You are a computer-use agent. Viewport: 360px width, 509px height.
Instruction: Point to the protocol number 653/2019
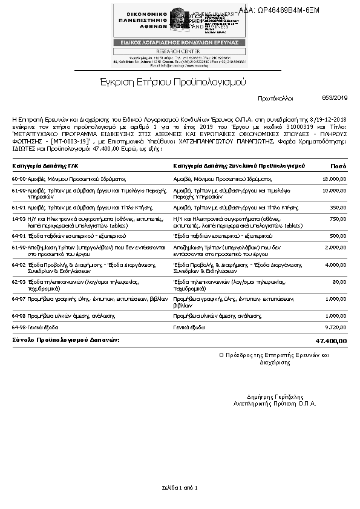pos(335,97)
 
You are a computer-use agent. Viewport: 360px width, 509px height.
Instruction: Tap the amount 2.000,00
pos(336,248)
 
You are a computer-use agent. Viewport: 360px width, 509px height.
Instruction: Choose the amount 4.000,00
pos(336,264)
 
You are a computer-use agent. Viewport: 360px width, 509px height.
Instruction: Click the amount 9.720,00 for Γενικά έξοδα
pos(336,327)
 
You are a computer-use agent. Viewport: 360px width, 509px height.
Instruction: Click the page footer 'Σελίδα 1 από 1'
pos(180,487)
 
